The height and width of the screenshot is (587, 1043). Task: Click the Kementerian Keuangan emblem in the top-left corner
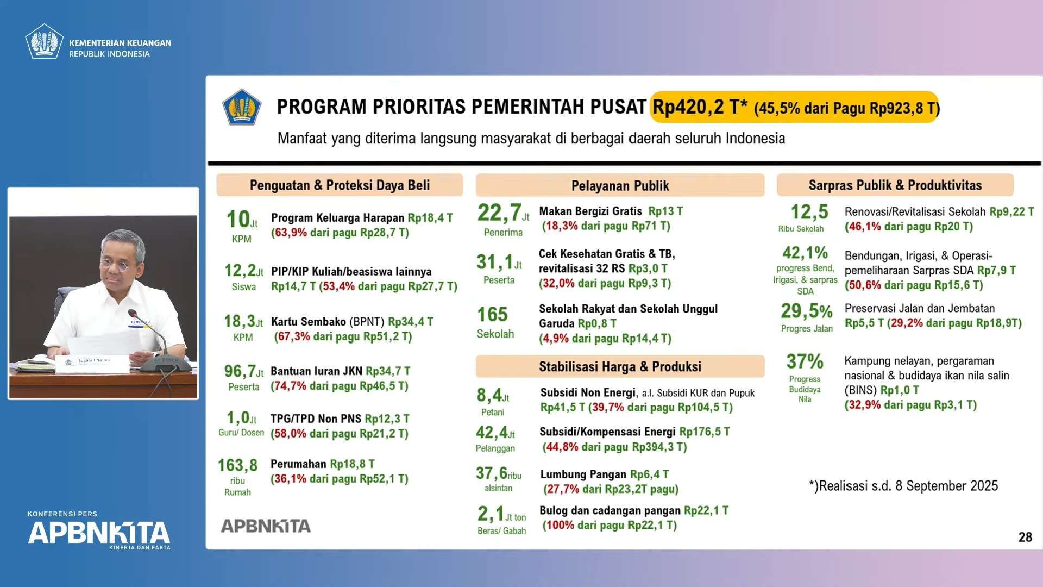click(44, 41)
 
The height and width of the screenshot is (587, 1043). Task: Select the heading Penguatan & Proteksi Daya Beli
click(340, 185)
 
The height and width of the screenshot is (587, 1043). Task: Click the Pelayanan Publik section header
click(620, 186)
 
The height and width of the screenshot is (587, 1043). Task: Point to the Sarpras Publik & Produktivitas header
click(895, 185)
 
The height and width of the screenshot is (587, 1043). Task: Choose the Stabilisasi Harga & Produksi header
click(620, 367)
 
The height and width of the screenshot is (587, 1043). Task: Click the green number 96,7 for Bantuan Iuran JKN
click(240, 371)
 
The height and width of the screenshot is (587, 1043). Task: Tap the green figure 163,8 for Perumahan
click(237, 465)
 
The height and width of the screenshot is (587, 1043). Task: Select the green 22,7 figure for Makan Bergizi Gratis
click(499, 213)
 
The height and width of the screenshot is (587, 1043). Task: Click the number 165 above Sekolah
click(492, 314)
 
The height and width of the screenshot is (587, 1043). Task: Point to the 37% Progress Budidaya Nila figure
click(805, 361)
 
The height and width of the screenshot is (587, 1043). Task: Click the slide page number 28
click(1025, 537)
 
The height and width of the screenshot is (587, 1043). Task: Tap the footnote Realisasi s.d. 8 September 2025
click(903, 486)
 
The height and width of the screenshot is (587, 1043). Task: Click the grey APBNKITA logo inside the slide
click(266, 526)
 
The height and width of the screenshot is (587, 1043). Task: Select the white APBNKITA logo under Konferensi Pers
click(99, 533)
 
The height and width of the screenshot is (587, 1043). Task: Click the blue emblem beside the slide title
click(242, 107)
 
